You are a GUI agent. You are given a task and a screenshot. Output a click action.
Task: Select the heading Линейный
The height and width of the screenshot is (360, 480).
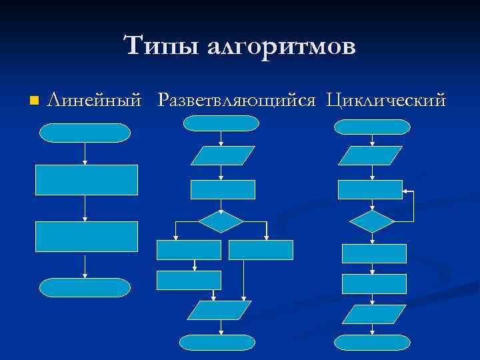[95, 101]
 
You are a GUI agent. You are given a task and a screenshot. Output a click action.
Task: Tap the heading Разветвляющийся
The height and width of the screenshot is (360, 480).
[236, 101]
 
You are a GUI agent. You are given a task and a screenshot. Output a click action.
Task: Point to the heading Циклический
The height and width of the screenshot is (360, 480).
[386, 101]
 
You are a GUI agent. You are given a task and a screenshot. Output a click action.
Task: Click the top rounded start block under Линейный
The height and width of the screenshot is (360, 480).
[85, 133]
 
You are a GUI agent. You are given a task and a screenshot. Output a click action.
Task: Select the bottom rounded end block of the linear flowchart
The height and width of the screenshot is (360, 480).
[85, 287]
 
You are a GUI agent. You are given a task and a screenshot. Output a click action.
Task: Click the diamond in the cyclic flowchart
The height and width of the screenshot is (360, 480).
[372, 221]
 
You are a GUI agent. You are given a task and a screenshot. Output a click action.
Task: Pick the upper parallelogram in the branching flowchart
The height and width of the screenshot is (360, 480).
[223, 155]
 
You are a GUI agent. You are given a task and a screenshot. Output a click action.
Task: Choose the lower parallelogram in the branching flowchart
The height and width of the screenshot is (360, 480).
[218, 310]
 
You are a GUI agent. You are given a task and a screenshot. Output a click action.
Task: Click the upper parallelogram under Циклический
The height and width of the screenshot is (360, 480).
[371, 155]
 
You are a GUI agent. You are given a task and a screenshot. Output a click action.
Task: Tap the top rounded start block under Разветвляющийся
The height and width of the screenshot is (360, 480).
[221, 123]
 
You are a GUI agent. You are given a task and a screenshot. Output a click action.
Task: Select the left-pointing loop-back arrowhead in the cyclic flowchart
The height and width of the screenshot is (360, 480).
[406, 191]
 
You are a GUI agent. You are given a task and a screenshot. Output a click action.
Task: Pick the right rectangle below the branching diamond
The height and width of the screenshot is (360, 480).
[261, 249]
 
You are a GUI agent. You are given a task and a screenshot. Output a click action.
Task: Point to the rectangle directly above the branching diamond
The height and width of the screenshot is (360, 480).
[223, 189]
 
